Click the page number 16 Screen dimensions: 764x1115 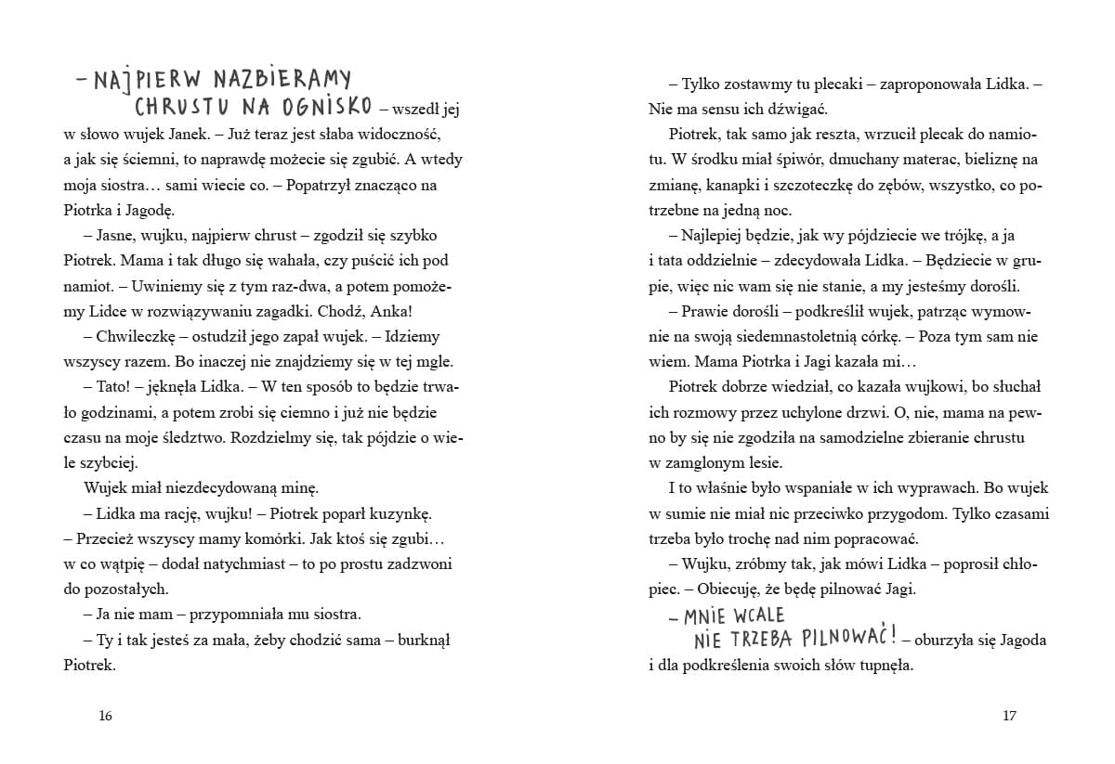pyautogui.click(x=104, y=716)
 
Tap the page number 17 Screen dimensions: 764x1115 pyautogui.click(x=1010, y=716)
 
